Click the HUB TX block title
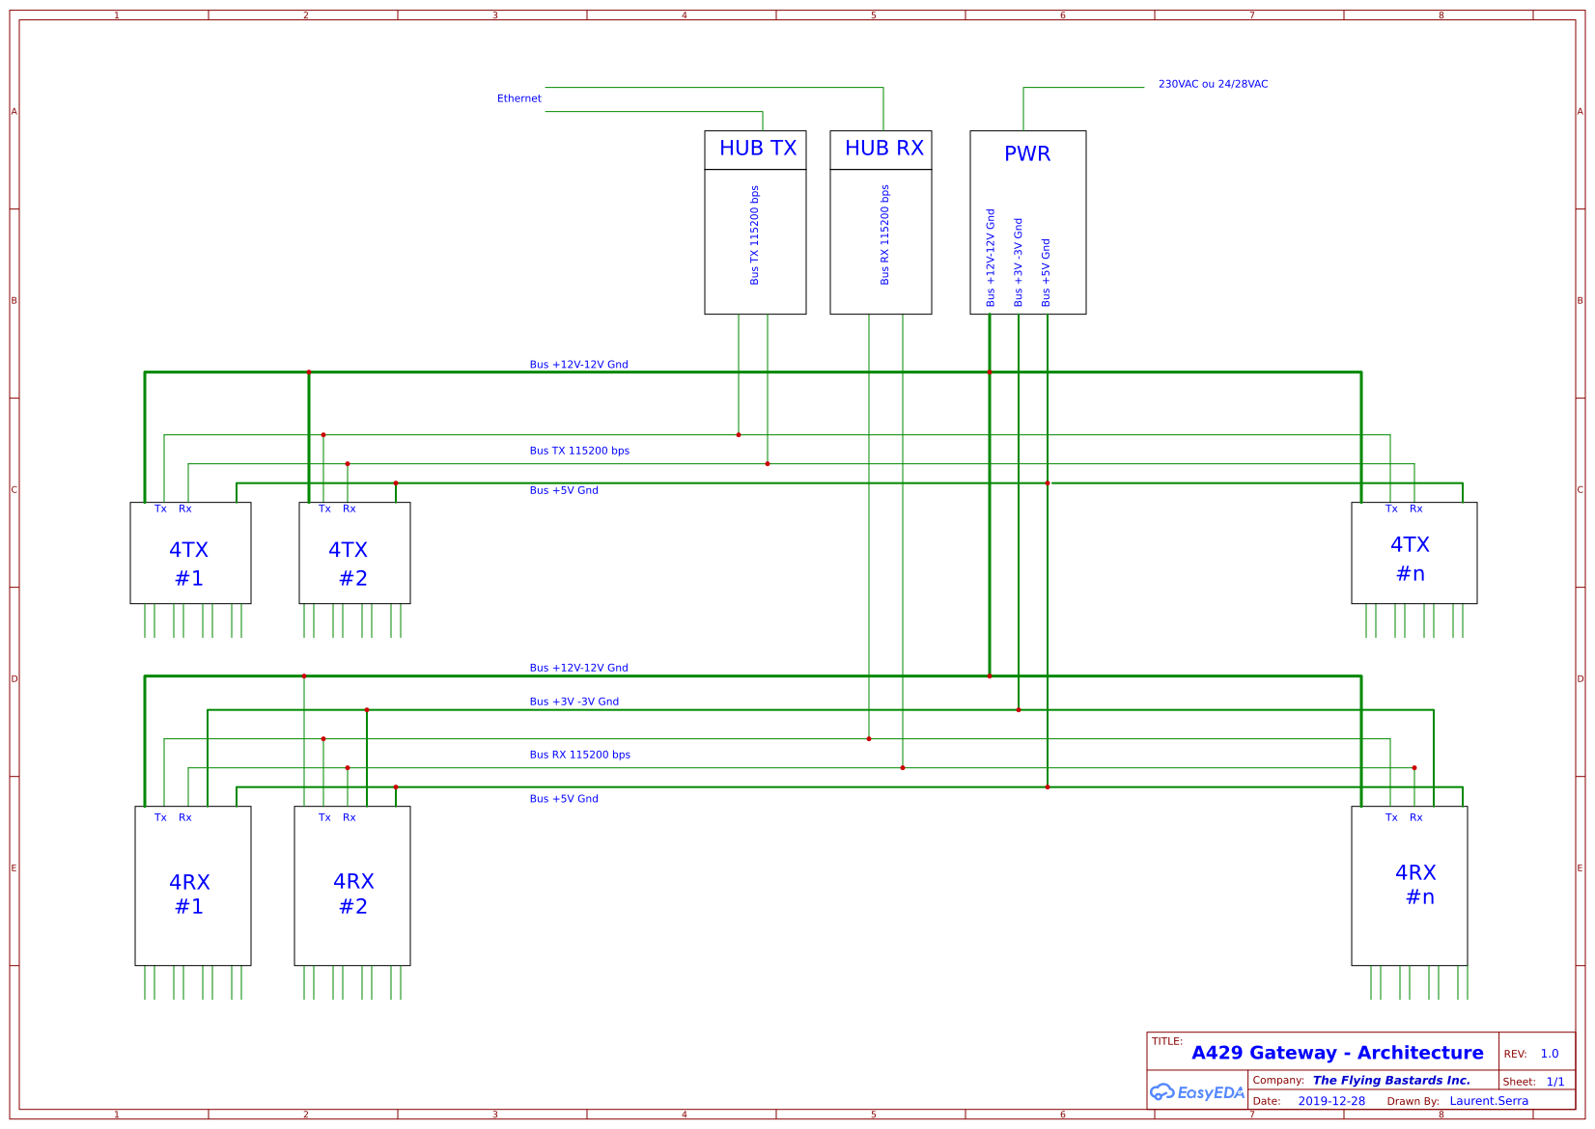(757, 149)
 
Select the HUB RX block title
(883, 149)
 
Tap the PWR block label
(1027, 154)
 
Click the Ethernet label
(518, 98)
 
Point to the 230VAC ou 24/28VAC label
(1213, 84)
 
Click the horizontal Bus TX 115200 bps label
(579, 451)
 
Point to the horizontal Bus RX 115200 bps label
(579, 755)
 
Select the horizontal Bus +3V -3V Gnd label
(574, 702)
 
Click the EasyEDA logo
(1196, 1092)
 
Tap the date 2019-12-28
(1331, 1101)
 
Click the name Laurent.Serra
(1489, 1101)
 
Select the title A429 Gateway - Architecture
(1337, 1053)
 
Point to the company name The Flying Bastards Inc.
(1391, 1081)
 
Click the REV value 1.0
(1550, 1054)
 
